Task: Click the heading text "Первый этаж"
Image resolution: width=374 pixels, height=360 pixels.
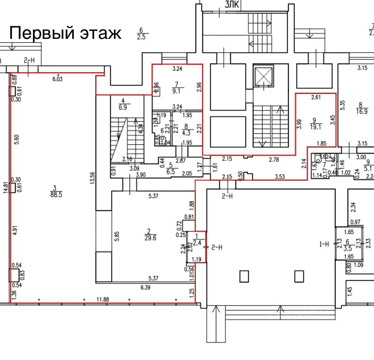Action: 65,33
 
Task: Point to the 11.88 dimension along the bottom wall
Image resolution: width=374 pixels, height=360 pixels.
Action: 102,299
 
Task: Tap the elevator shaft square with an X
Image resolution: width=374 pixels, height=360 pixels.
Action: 263,75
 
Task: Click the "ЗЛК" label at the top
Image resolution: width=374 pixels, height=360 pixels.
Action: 232,4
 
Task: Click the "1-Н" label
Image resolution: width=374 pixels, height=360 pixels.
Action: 324,244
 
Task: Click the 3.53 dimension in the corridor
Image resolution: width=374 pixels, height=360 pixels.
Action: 280,177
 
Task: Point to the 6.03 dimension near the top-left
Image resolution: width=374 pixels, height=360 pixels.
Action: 57,79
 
